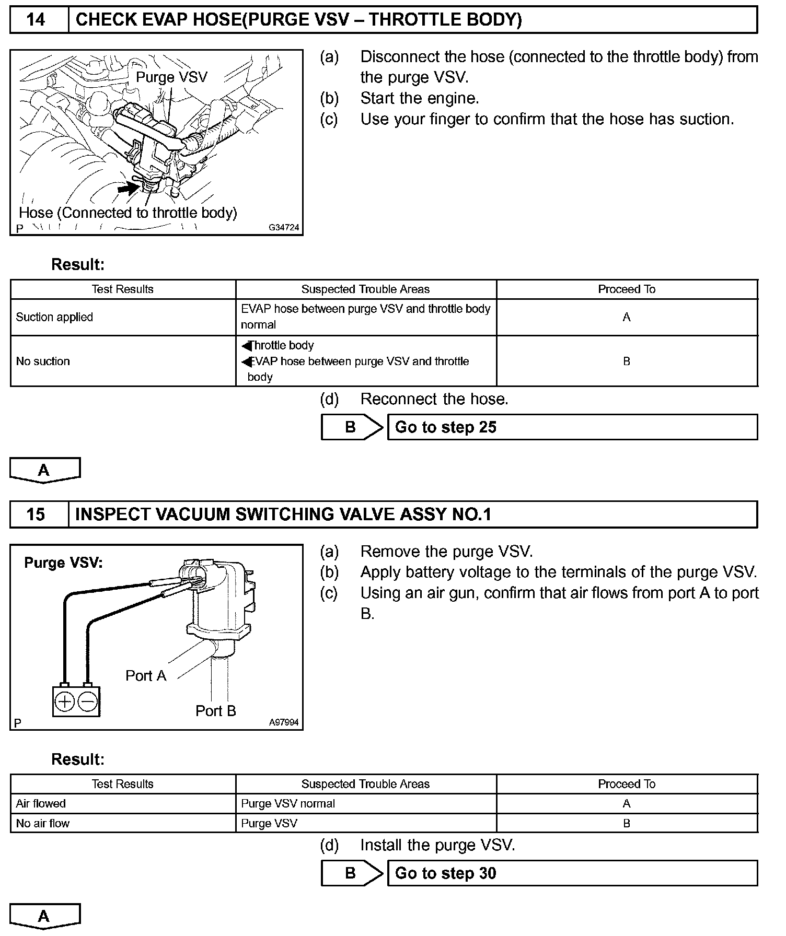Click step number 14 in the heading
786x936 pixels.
pos(36,20)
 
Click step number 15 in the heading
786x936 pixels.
pos(36,514)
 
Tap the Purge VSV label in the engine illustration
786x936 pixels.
pos(171,77)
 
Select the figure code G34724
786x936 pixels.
pos(284,228)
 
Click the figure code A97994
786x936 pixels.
pos(284,722)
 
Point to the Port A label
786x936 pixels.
pos(146,676)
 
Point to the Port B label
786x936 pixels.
pos(216,711)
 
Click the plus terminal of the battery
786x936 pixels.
pos(65,701)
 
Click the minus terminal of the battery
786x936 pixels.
pos(88,701)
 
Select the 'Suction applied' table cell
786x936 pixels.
pos(54,317)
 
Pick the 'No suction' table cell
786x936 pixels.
pos(43,361)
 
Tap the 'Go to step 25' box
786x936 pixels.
pos(572,427)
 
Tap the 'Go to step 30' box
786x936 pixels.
pos(572,873)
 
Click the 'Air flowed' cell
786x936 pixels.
pos(41,803)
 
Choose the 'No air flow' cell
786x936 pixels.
pos(43,823)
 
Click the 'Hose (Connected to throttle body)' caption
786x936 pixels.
pos(128,213)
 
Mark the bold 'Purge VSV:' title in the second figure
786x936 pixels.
pos(64,563)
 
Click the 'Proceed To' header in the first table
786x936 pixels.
pos(627,289)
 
